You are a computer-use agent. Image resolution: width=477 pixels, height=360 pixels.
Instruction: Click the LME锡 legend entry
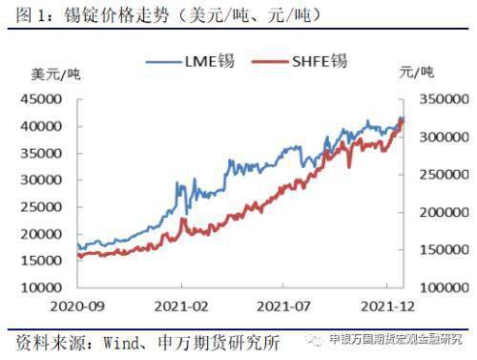point(190,61)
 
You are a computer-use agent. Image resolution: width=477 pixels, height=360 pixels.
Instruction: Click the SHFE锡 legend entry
point(299,61)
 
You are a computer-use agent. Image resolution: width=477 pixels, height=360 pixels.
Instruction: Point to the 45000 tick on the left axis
point(41,99)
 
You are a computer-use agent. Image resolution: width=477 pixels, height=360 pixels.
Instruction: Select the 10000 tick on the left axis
point(41,287)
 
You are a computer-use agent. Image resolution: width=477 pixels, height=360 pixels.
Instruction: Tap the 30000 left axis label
point(41,180)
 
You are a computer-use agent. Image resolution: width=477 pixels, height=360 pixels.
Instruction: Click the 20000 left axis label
point(41,234)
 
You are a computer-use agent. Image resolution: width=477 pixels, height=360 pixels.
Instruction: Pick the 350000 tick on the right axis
point(445,99)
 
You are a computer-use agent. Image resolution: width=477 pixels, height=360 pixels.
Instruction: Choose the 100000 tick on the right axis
point(445,287)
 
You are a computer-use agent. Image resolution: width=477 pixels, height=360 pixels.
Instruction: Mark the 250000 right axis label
point(445,175)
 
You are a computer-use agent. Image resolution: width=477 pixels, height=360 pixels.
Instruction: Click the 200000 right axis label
point(445,212)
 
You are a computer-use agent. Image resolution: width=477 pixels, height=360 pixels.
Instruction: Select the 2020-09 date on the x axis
point(77,307)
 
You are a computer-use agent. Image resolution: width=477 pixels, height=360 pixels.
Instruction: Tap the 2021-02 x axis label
point(181,307)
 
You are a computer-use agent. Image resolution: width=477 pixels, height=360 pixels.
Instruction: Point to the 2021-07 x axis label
point(283,307)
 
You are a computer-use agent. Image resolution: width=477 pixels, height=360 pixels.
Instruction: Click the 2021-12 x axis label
point(387,307)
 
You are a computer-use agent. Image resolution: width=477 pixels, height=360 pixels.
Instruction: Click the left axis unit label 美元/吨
point(55,74)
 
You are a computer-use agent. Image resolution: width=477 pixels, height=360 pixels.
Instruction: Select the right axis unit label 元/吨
point(417,73)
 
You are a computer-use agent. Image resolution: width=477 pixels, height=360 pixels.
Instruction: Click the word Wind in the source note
point(121,343)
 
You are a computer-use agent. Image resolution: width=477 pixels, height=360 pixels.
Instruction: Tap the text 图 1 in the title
point(31,15)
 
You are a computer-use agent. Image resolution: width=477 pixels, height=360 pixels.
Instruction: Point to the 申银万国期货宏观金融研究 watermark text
point(395,339)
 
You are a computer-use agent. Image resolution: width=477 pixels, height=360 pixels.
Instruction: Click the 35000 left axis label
point(41,154)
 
